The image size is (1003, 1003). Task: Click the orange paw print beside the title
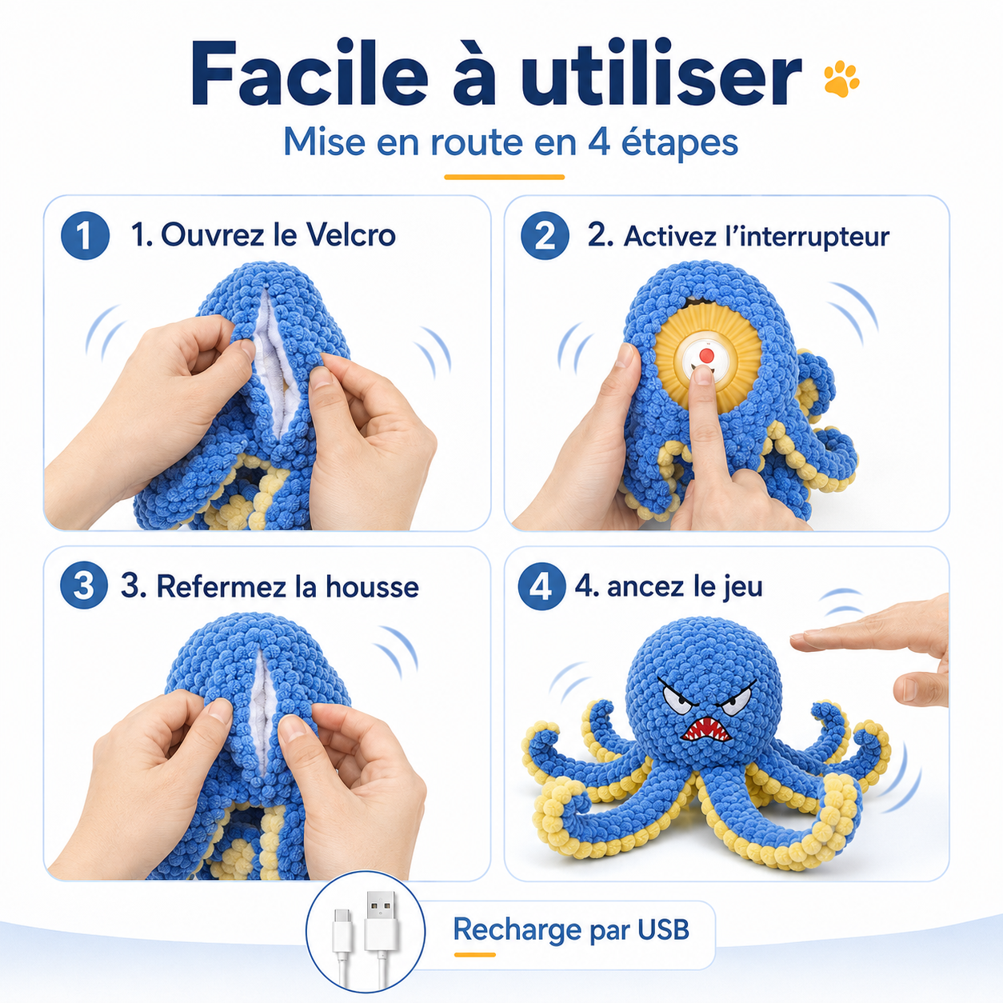841,79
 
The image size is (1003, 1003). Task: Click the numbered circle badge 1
85,235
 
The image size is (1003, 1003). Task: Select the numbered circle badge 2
545,235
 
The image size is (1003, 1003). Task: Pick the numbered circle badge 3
84,585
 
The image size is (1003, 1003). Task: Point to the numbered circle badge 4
541,586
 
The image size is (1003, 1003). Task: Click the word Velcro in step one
351,234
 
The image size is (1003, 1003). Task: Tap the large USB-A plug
381,921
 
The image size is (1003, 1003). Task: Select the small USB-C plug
342,927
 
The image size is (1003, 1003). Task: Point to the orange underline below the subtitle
504,177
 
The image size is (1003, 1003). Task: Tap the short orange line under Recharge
474,954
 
